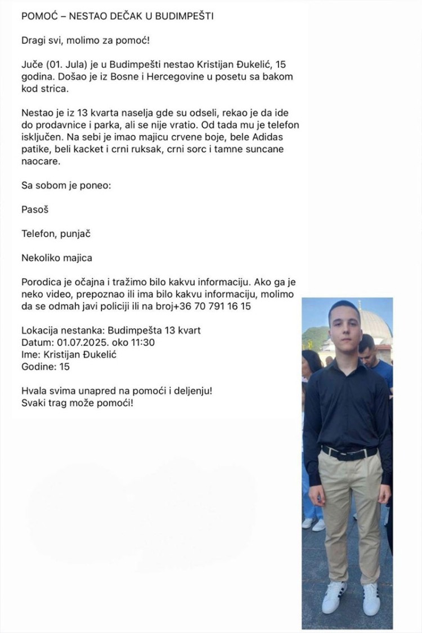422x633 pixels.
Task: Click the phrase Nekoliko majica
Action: (56, 258)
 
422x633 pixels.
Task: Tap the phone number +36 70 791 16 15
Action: (213, 307)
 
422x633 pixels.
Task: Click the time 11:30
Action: (142, 343)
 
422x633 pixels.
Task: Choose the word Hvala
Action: (34, 391)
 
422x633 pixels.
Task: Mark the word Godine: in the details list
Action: (40, 367)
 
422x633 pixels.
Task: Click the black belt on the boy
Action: (349, 452)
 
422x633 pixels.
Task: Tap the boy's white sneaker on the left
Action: (334, 596)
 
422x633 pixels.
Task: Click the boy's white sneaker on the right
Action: (371, 598)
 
